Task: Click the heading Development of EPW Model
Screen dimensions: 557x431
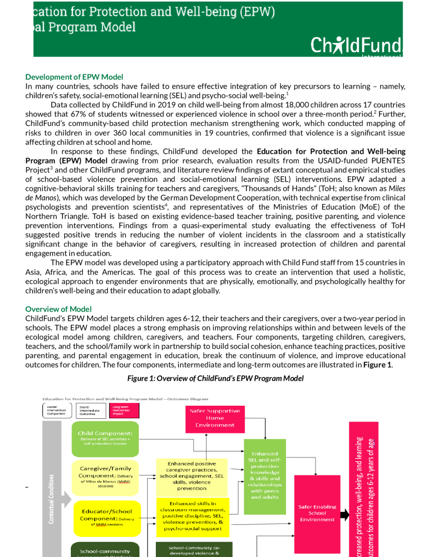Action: pos(74,77)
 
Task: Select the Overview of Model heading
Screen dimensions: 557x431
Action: pos(58,309)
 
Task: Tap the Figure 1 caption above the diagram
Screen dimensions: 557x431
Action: pos(215,378)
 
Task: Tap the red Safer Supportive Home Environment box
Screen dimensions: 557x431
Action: pos(215,418)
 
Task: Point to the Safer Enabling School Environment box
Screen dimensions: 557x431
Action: pos(317,513)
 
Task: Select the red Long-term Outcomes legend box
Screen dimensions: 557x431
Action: pos(124,410)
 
